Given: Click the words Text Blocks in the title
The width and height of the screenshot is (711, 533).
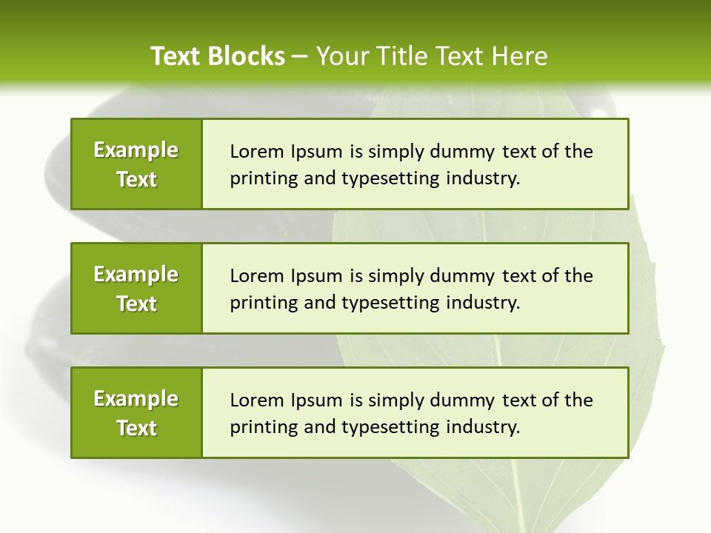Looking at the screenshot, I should [218, 56].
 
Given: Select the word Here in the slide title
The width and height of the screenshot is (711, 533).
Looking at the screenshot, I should [520, 56].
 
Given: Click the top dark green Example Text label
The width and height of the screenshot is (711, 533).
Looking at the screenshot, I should [136, 164].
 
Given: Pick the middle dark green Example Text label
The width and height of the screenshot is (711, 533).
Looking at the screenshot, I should [136, 289].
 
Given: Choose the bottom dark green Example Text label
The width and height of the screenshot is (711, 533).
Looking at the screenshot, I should [136, 413].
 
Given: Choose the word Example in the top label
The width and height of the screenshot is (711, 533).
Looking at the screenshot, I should [136, 150].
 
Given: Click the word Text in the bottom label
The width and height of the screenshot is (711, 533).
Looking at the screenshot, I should [137, 428].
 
